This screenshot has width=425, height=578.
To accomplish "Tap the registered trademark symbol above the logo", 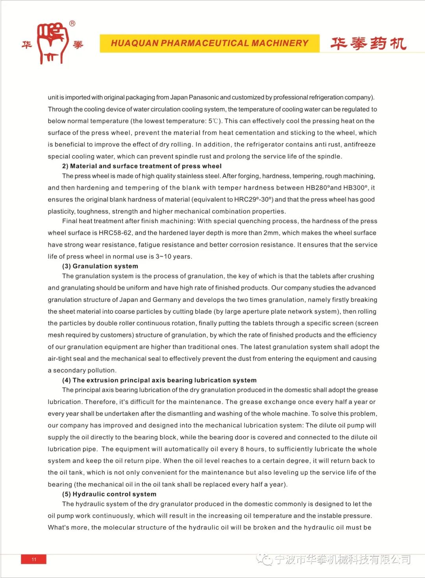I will [x=72, y=24].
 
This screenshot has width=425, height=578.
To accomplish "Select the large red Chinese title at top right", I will [x=368, y=44].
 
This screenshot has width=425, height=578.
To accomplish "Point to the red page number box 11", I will [x=34, y=559].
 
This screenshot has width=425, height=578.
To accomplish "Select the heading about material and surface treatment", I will [x=142, y=166].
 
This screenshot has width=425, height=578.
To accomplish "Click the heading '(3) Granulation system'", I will [x=100, y=266].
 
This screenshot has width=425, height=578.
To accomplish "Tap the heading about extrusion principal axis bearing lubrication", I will [x=159, y=380].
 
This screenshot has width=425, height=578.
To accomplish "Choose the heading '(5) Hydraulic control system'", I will [x=109, y=494].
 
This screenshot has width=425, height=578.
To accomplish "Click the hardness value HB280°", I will [x=317, y=188].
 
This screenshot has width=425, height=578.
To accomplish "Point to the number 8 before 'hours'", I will [x=242, y=449].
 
